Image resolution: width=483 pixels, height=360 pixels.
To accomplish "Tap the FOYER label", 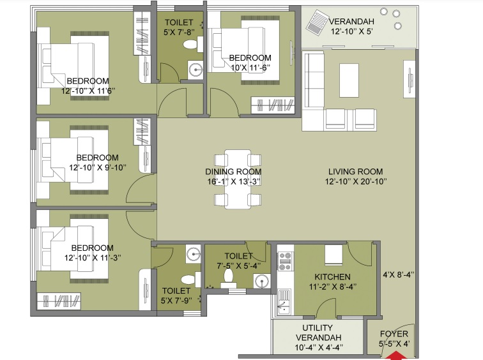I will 394,334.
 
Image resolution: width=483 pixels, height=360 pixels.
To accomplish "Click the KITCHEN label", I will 332,276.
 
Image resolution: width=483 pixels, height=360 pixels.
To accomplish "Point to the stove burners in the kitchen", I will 284,260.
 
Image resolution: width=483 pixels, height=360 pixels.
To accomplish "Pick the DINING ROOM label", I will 233,172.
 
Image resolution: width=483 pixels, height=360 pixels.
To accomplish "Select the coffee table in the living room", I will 349,80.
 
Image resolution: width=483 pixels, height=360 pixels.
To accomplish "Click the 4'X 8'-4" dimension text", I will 399,275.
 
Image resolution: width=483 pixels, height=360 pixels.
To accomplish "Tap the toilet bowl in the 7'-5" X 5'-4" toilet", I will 229,276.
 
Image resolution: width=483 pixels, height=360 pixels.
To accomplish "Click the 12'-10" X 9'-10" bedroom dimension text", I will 97,167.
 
